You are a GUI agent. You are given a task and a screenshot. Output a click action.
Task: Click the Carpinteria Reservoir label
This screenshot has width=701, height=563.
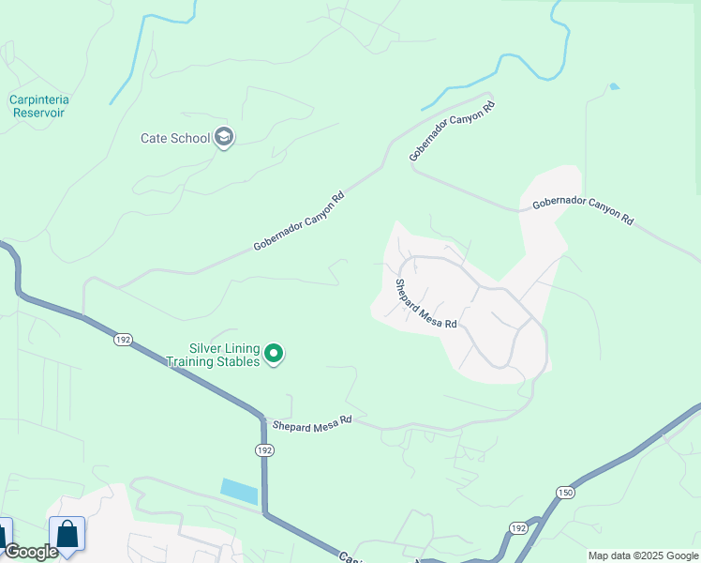click(40, 105)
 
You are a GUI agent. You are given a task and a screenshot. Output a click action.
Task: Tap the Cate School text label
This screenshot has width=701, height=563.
click(175, 138)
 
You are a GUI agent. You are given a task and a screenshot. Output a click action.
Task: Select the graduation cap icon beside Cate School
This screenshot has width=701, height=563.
click(224, 138)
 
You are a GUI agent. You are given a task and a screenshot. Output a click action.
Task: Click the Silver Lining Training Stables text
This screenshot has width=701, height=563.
click(212, 354)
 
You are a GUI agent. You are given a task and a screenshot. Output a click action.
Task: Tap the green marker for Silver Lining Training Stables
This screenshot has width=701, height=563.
click(274, 354)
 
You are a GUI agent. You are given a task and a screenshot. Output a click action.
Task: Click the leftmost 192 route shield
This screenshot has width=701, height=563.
click(123, 339)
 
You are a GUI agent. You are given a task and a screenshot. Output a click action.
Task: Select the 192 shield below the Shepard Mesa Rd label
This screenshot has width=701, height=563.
click(265, 450)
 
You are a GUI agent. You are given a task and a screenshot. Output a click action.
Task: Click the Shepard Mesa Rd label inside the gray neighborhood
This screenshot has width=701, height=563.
click(425, 304)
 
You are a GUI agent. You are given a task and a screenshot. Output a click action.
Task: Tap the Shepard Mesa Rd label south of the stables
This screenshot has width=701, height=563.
click(311, 423)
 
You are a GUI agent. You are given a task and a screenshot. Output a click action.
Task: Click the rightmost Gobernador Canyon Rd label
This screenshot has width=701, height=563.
click(583, 211)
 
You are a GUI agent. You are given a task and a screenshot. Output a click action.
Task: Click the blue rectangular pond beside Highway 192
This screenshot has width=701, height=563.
click(238, 492)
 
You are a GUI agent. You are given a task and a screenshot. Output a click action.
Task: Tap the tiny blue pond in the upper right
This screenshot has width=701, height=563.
click(613, 86)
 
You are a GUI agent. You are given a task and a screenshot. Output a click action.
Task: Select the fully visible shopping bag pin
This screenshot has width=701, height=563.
click(67, 535)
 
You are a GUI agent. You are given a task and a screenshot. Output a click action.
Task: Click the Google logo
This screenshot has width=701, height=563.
click(30, 552)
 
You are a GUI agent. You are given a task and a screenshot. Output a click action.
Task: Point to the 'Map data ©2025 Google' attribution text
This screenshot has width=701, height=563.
click(643, 555)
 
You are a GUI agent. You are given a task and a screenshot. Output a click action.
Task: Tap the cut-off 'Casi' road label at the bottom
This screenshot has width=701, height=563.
click(350, 557)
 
